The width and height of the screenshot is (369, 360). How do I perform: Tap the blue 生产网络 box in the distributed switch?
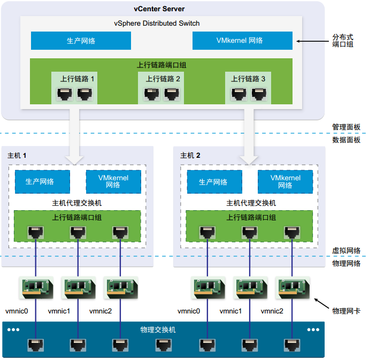81,41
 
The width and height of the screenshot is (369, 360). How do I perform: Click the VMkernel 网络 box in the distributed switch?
242,41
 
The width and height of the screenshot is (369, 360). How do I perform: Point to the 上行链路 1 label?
77,79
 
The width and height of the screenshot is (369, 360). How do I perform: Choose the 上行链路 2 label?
163,79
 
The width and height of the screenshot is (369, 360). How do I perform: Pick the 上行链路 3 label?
248,79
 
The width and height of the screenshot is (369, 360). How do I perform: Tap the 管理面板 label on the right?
346,127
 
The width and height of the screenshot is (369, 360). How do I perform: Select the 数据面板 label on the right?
346,140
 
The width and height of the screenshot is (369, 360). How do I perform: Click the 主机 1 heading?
17,155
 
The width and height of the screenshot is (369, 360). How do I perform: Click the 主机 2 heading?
190,155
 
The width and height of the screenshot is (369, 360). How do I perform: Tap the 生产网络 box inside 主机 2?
213,182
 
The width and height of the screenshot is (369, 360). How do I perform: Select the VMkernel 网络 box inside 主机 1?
113,182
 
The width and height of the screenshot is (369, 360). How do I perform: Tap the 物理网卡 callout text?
346,310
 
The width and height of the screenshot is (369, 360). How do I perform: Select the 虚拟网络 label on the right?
346,250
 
